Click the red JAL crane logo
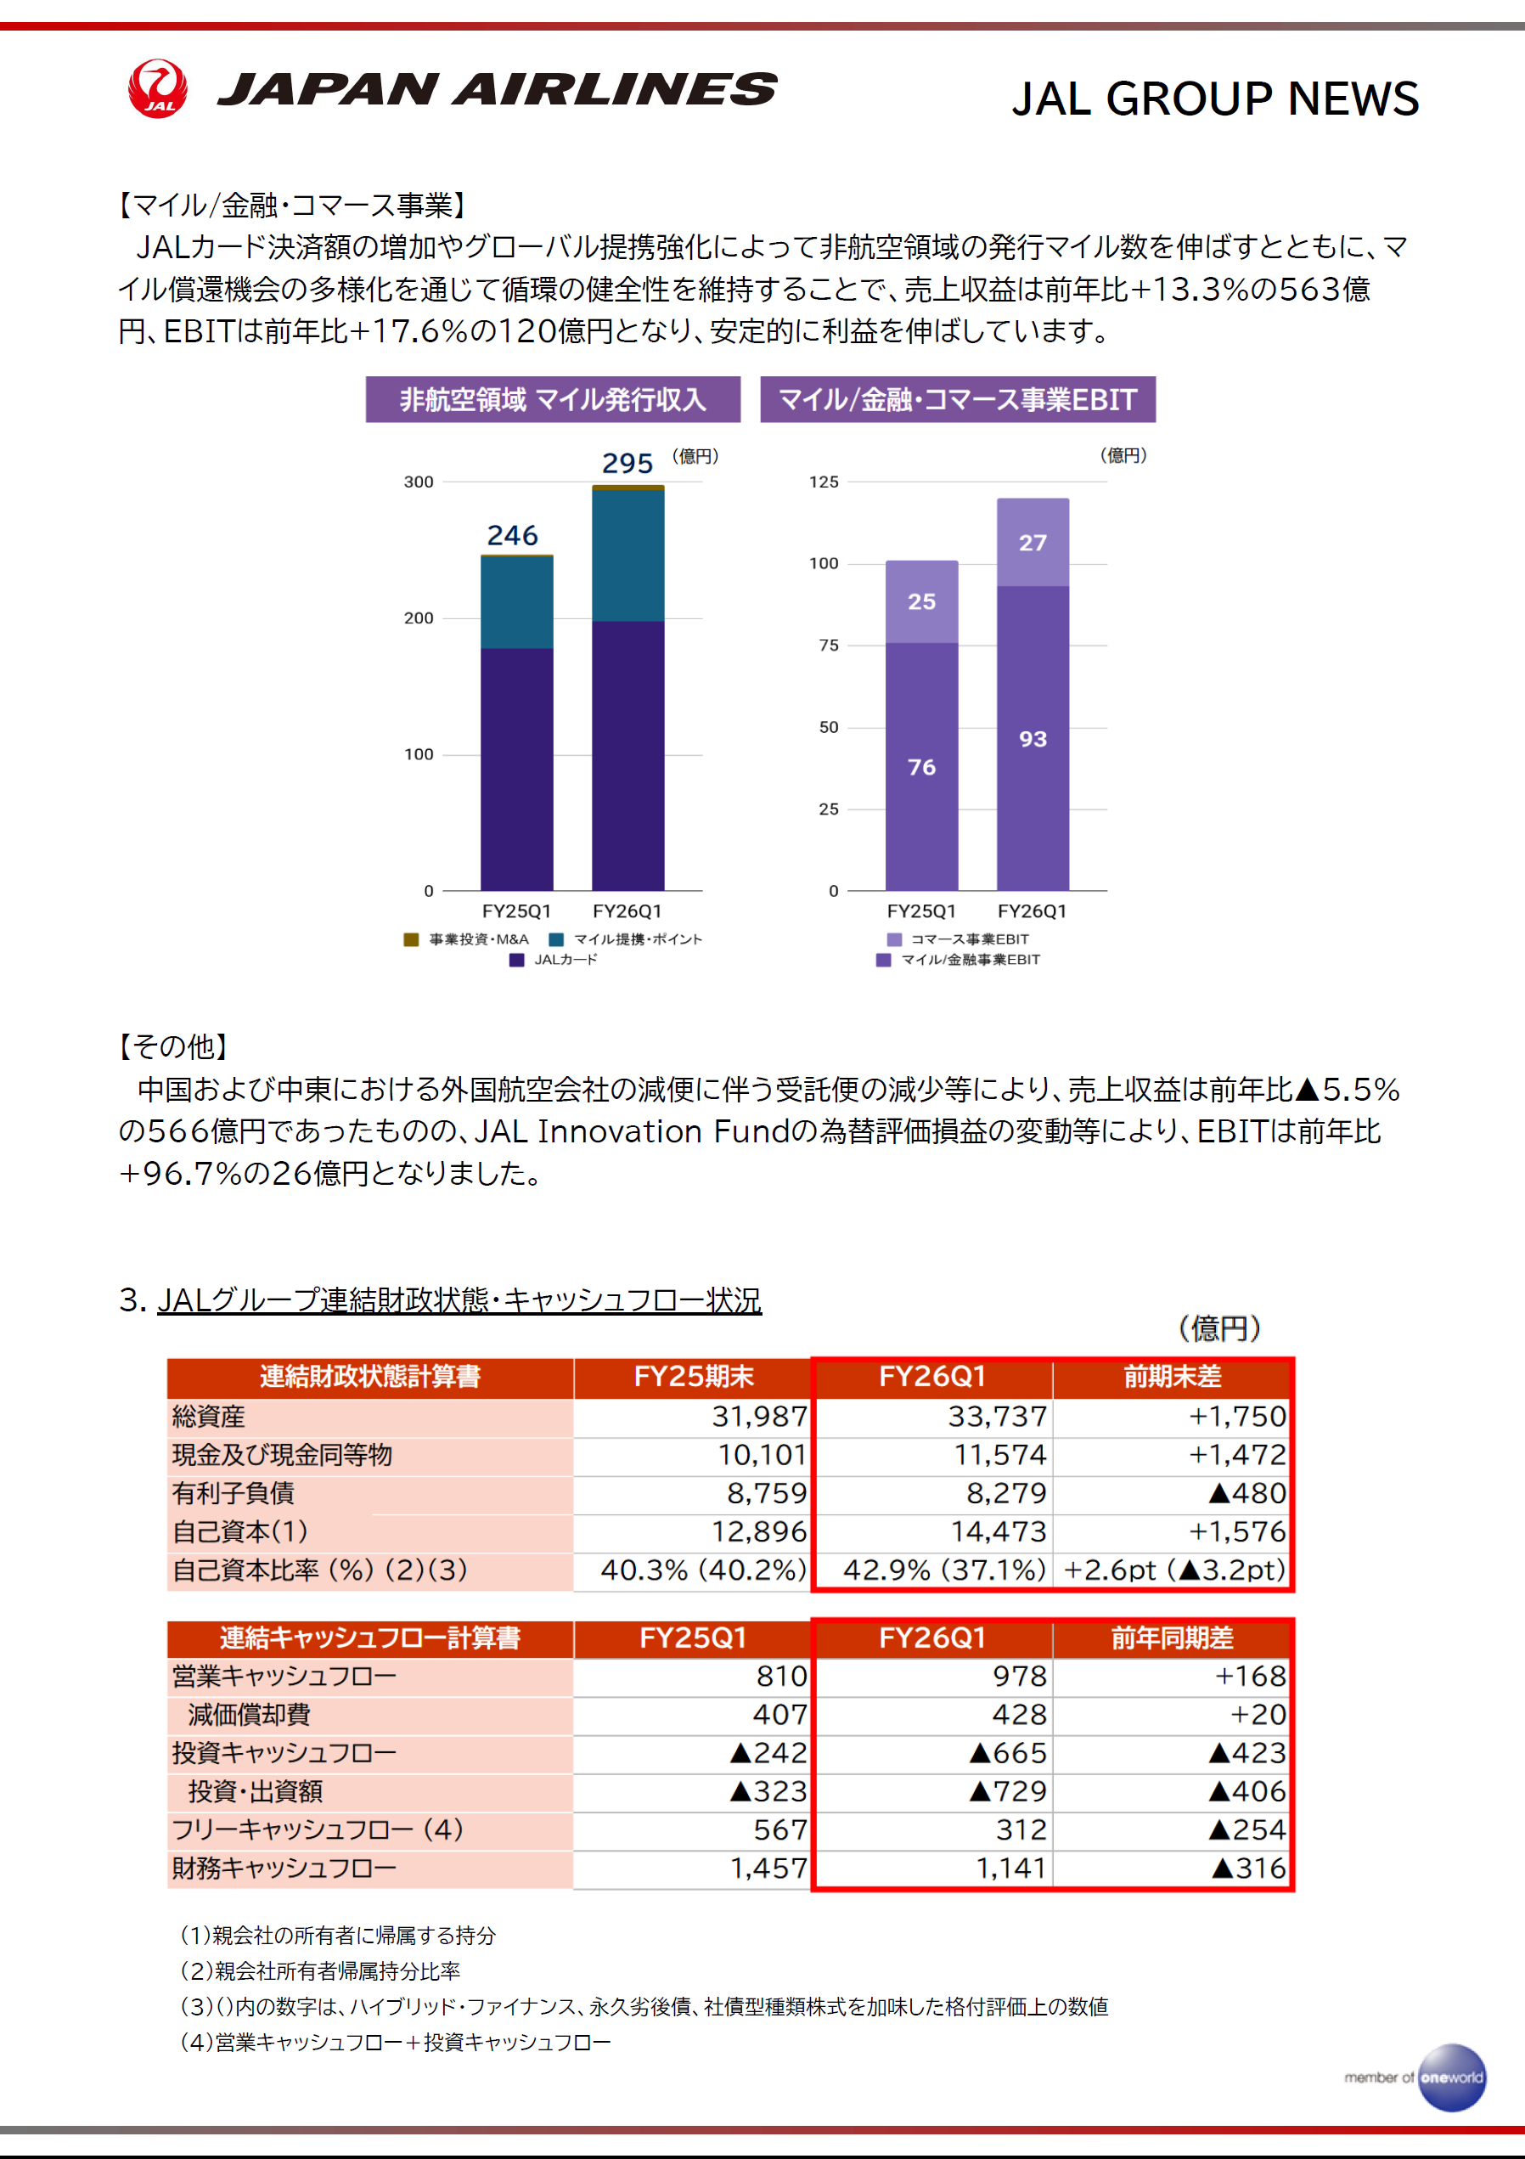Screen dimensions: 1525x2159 pyautogui.click(x=158, y=88)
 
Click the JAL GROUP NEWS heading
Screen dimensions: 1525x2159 pyautogui.click(x=1215, y=99)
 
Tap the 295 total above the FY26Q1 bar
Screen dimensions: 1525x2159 pyautogui.click(x=627, y=464)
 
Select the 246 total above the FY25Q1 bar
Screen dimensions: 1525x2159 pyautogui.click(x=512, y=536)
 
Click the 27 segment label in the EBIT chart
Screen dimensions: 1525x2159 pyautogui.click(x=1033, y=543)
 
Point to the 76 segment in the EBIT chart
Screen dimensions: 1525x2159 pyautogui.click(x=921, y=767)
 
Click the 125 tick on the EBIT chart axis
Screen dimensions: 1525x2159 pyautogui.click(x=824, y=482)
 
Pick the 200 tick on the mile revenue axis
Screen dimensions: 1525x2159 pyautogui.click(x=419, y=618)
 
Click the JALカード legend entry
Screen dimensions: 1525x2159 pyautogui.click(x=554, y=960)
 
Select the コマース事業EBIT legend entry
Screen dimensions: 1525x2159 pyautogui.click(x=958, y=939)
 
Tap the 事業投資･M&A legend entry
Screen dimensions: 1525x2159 pyautogui.click(x=466, y=939)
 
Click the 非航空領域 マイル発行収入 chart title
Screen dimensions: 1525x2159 pyautogui.click(x=553, y=400)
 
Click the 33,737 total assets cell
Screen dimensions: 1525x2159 pyautogui.click(x=997, y=1416)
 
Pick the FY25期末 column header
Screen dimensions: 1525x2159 pyautogui.click(x=694, y=1377)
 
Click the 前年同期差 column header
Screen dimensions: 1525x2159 pyautogui.click(x=1173, y=1638)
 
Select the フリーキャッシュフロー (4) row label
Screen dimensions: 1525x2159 pyautogui.click(x=318, y=1829)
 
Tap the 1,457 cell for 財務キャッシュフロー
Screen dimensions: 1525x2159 pyautogui.click(x=769, y=1869)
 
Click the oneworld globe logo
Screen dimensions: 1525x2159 pyautogui.click(x=1452, y=2077)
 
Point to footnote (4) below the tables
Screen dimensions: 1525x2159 pyautogui.click(x=396, y=2042)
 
